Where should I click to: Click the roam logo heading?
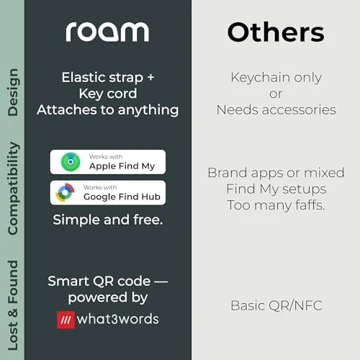pos(107,31)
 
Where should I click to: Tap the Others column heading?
pos(275,32)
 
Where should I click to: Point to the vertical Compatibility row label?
pos(12,189)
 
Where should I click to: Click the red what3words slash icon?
pos(66,319)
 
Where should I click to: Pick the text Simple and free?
pos(107,220)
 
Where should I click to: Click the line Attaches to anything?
pos(107,110)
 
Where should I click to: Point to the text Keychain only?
pos(276,78)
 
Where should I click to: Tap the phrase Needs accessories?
pos(276,110)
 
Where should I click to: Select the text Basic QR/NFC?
pos(276,305)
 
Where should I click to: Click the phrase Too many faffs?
pos(276,204)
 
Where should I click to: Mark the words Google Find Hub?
pos(122,197)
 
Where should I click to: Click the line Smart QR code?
pos(107,281)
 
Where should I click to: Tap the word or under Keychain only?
pos(276,94)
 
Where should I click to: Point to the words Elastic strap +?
pos(107,77)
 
